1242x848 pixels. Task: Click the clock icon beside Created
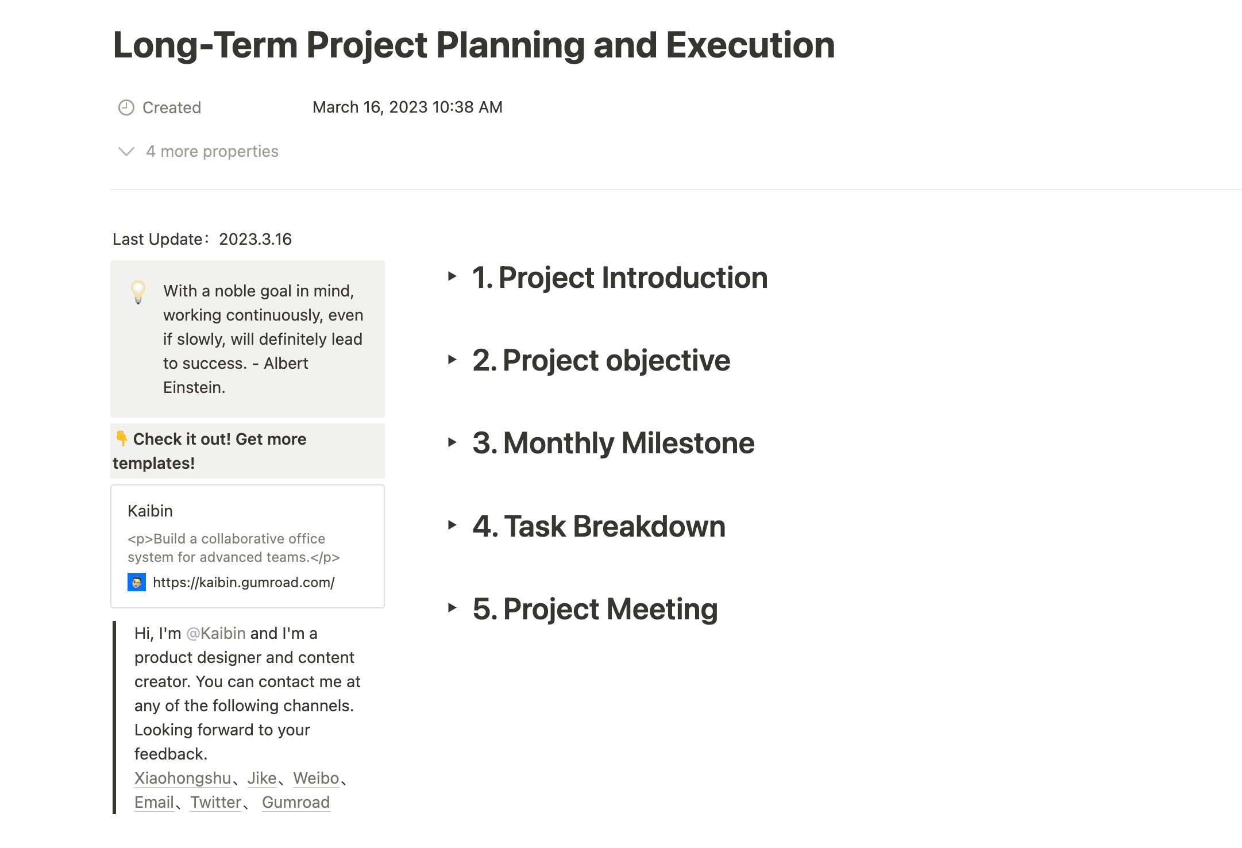(126, 107)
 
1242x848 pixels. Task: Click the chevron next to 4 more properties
(126, 152)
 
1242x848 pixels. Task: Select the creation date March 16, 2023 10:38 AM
(407, 107)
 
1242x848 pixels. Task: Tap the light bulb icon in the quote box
(138, 292)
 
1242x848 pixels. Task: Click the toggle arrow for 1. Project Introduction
(452, 276)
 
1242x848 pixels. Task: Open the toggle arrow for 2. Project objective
(452, 360)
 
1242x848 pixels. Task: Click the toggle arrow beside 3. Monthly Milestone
(452, 442)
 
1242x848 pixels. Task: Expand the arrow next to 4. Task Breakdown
(452, 525)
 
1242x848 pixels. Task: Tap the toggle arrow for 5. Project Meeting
(452, 608)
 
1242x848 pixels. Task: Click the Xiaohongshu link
(183, 778)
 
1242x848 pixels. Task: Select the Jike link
(262, 778)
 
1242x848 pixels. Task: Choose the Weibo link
(316, 778)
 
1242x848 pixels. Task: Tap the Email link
(154, 802)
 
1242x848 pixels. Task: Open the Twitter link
(216, 802)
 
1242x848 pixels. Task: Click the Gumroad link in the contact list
(296, 802)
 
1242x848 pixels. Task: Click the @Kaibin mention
(216, 633)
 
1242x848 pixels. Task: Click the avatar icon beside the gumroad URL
(137, 582)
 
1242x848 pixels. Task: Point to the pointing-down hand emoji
(121, 438)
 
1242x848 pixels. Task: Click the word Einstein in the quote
(193, 387)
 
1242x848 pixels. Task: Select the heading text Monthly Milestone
(628, 444)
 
